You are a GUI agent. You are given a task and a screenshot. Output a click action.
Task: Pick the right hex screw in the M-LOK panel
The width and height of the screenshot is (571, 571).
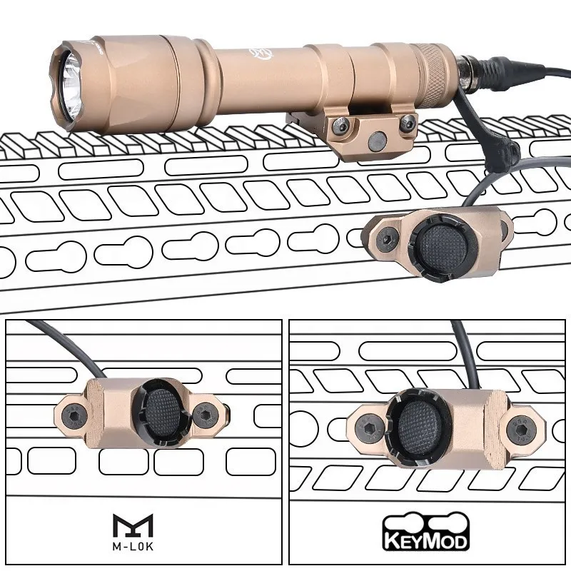[x=208, y=417]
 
